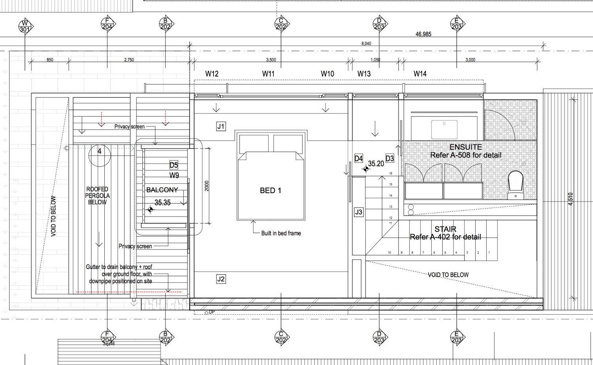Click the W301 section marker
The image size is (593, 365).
coord(25,27)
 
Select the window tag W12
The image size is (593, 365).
coord(212,74)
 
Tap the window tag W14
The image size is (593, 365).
coord(420,74)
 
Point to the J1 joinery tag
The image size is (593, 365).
coord(221,126)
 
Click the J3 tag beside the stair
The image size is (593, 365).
coord(358,212)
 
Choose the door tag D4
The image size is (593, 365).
coord(358,158)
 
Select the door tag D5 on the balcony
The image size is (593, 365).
coord(174,165)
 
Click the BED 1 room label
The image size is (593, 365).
coord(270,190)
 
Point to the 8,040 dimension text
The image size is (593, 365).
coord(366,44)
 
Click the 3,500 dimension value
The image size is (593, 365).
coord(271,60)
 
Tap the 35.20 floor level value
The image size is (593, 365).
coord(376,163)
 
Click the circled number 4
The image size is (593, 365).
coord(99,151)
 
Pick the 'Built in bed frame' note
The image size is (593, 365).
coord(281,233)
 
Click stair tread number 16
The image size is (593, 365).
coord(391,173)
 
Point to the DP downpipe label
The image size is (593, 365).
coord(212,312)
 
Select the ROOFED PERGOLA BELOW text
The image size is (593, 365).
coord(97,196)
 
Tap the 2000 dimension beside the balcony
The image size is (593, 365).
coord(206,186)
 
